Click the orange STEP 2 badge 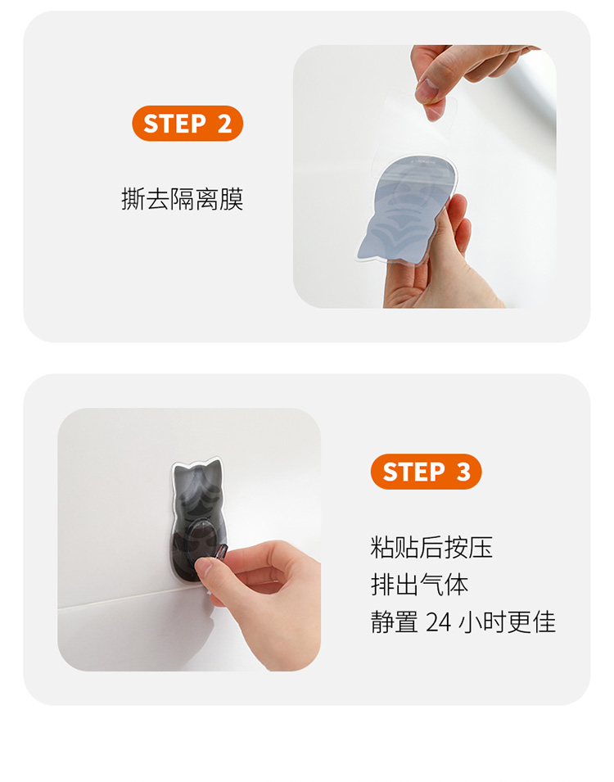point(187,123)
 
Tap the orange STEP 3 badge point(426,472)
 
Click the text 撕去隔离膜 point(182,199)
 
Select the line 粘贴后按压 point(431,547)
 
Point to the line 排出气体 point(419,585)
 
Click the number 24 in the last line point(439,622)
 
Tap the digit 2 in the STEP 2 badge point(225,124)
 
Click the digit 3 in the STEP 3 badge point(463,472)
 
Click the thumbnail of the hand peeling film point(424,177)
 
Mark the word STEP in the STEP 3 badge point(413,472)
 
